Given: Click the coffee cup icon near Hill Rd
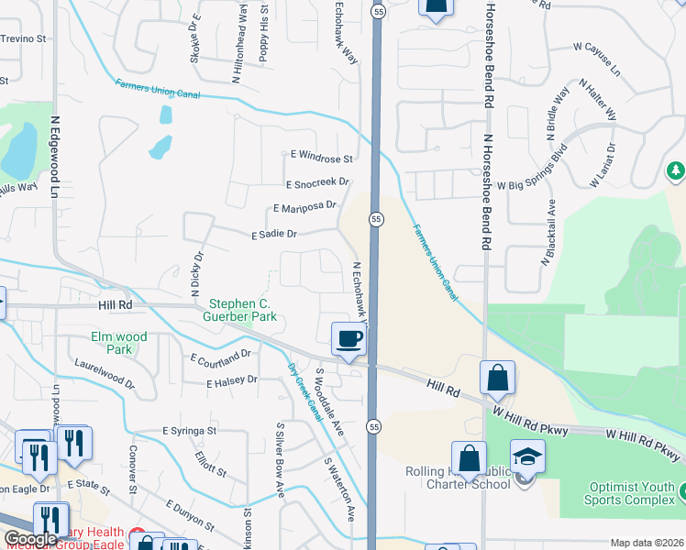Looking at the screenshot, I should [x=349, y=340].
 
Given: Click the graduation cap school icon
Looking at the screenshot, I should [x=527, y=458].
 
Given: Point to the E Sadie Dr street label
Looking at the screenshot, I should [x=274, y=235].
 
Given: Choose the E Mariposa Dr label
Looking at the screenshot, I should [x=304, y=208].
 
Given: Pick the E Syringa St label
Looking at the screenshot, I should [x=189, y=430].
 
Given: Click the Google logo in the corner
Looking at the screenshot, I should [x=31, y=539].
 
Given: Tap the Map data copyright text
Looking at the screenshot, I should [x=647, y=543].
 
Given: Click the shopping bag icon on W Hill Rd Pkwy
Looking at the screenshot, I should [x=497, y=378].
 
